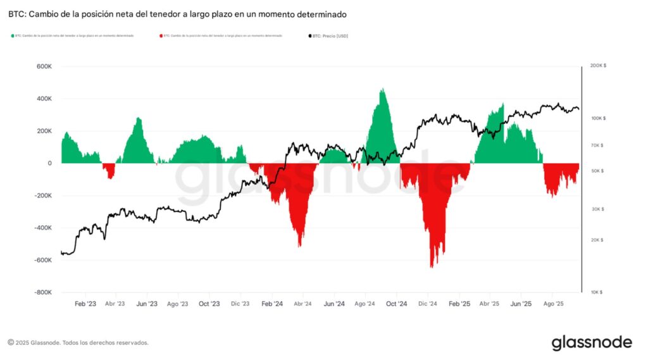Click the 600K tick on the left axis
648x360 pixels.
(43, 66)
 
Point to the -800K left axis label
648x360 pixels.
(42, 292)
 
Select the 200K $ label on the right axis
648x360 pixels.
(597, 66)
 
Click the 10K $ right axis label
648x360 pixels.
(595, 292)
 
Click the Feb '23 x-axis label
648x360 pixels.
(85, 304)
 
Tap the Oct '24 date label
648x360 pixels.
(397, 304)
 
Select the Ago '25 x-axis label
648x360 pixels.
(553, 304)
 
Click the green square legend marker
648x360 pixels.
(13, 36)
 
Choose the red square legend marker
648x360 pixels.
(161, 36)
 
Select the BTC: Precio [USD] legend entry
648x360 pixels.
(330, 36)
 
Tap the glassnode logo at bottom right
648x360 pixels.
(591, 342)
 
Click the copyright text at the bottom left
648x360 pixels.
(78, 342)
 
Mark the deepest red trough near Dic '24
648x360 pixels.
(432, 266)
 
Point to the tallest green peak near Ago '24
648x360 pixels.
(383, 90)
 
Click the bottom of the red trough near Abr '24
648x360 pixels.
(300, 245)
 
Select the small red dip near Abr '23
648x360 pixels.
(110, 178)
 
